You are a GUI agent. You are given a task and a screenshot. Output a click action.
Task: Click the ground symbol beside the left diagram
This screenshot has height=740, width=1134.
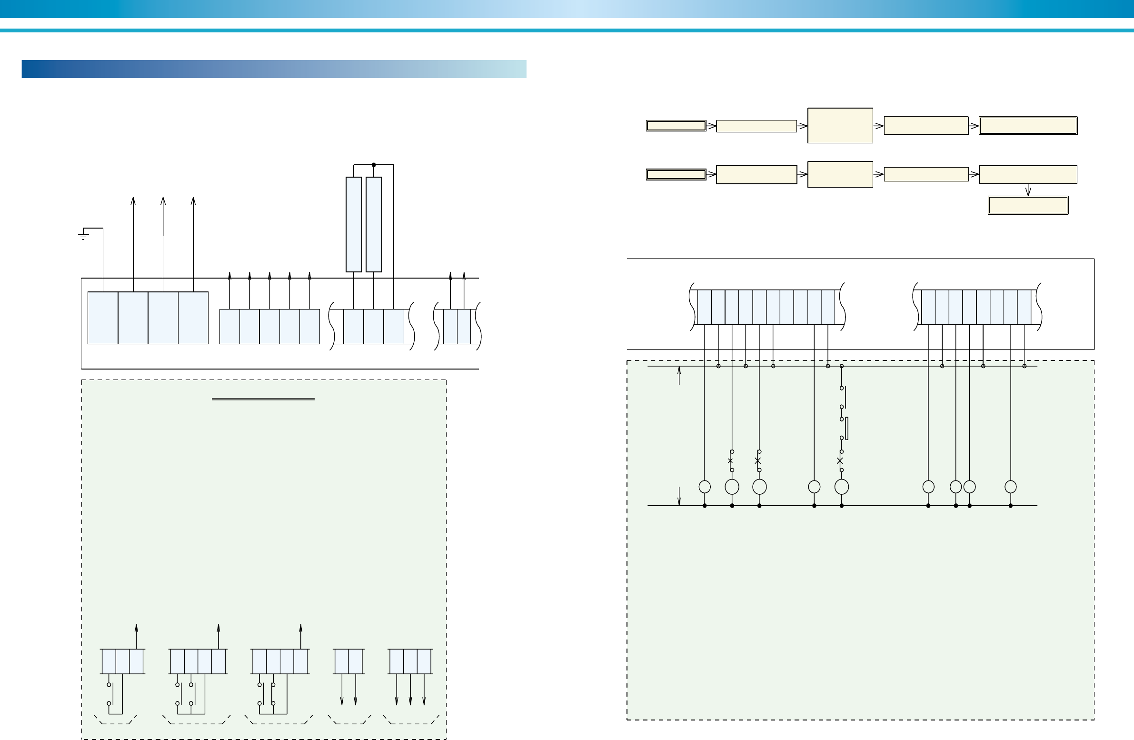pyautogui.click(x=83, y=235)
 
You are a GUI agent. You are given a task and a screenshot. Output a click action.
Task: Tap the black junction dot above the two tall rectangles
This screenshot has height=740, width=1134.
pyautogui.click(x=374, y=165)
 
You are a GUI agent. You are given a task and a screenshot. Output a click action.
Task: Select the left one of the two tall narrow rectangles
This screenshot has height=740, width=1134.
pyautogui.click(x=354, y=224)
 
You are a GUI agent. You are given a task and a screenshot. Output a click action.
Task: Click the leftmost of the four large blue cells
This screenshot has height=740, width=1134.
pyautogui.click(x=103, y=317)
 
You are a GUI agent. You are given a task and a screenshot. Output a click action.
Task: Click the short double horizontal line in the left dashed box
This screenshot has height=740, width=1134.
pyautogui.click(x=263, y=399)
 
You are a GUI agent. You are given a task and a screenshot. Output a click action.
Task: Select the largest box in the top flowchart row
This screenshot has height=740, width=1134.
pyautogui.click(x=840, y=125)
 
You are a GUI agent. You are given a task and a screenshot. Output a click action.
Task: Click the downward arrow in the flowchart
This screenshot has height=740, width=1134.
pyautogui.click(x=1028, y=190)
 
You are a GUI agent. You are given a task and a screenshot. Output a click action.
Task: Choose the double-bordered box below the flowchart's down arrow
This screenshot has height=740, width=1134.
pyautogui.click(x=1028, y=205)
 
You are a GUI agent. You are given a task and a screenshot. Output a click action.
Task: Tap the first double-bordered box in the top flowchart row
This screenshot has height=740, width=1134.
pyautogui.click(x=676, y=126)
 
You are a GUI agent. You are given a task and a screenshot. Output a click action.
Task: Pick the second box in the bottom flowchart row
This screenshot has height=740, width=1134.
pyautogui.click(x=756, y=174)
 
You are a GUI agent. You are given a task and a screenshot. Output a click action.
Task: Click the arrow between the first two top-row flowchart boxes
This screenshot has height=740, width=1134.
pyautogui.click(x=711, y=126)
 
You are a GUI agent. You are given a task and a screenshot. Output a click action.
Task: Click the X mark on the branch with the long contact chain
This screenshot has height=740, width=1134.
pyautogui.click(x=839, y=461)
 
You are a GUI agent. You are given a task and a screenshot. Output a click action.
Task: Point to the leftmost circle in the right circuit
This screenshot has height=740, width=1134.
pyautogui.click(x=705, y=487)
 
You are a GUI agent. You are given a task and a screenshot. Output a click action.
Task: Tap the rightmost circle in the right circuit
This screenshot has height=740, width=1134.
pyautogui.click(x=1011, y=487)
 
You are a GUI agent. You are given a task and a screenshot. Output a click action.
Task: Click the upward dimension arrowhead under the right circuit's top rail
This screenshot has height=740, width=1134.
pyautogui.click(x=679, y=370)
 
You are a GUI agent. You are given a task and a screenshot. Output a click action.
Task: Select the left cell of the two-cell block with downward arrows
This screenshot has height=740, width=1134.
pyautogui.click(x=342, y=661)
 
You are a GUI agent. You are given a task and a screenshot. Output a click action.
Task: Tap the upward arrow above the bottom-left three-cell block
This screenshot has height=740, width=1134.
pyautogui.click(x=137, y=628)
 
